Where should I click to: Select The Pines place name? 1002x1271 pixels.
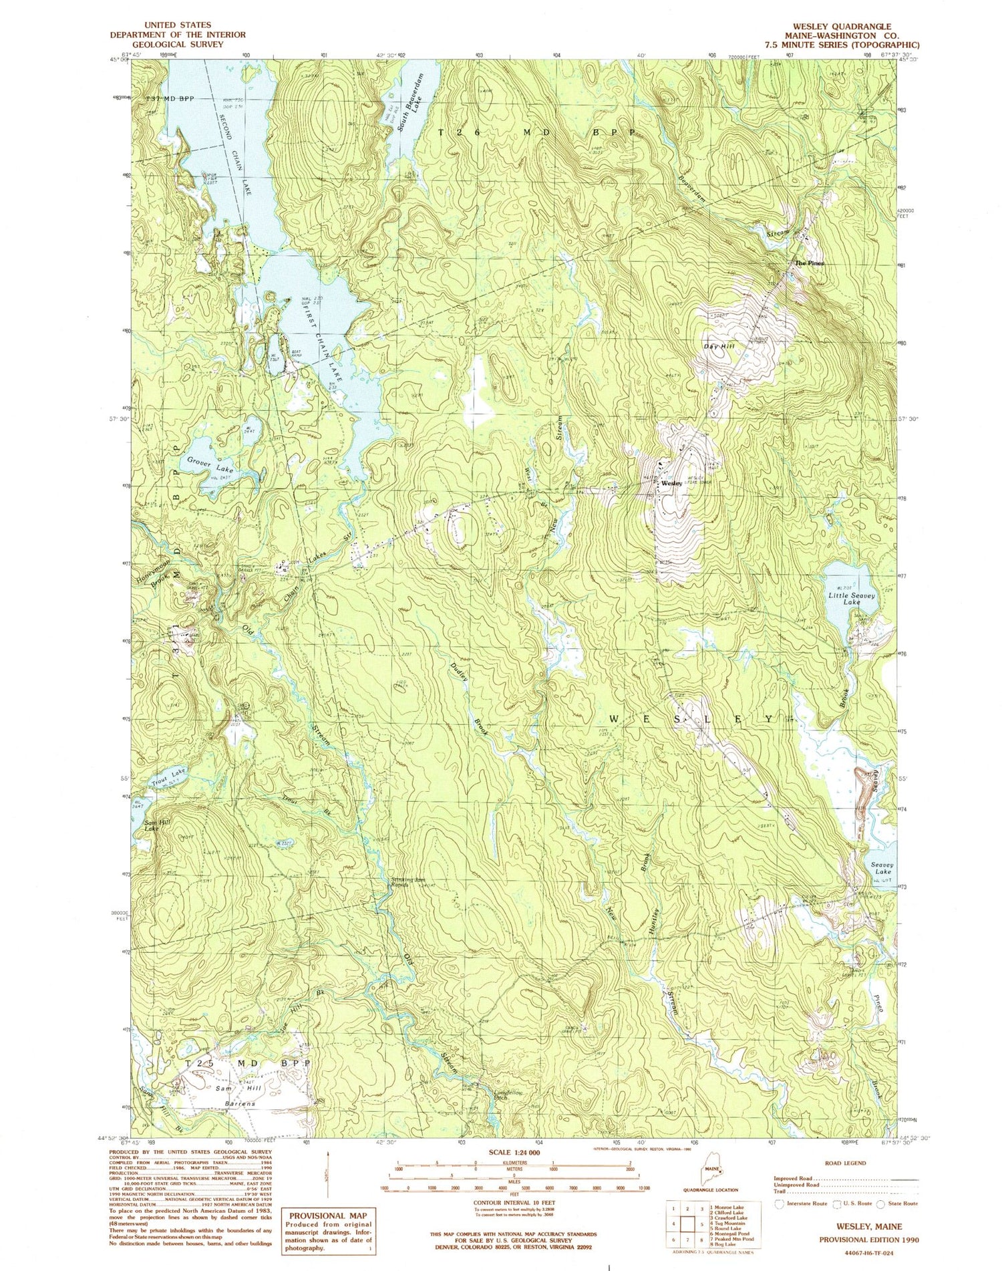coord(808,263)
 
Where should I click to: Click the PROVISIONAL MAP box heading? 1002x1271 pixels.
coord(328,1216)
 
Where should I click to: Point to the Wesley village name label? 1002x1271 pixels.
coord(671,483)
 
